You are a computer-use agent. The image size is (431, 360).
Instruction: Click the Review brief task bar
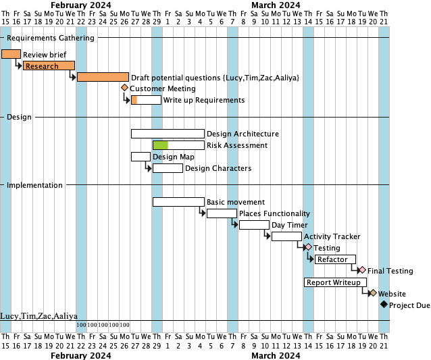coord(11,54)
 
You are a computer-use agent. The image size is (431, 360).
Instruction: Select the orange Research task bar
coord(49,66)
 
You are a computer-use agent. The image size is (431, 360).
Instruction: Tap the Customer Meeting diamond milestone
coord(124,88)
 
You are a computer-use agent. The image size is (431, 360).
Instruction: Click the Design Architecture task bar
coord(168,134)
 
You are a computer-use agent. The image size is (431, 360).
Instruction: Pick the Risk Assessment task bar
coord(178,145)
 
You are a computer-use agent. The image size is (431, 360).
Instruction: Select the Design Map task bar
coord(141,157)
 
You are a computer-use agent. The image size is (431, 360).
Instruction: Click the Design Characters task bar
coord(168,168)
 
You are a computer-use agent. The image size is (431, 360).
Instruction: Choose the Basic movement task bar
coord(178,201)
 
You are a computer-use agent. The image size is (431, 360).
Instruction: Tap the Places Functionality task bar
coord(222,213)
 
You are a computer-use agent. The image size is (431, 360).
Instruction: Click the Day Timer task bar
coord(254,225)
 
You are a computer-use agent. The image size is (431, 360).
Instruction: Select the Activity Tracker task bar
coord(286,236)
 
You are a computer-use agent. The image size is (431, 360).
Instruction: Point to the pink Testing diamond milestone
coord(308,247)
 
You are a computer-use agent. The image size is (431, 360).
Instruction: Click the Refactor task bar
coord(335,259)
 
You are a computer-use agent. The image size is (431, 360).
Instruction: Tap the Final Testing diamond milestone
coord(362,270)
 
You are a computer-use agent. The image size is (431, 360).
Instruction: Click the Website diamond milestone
coord(372,293)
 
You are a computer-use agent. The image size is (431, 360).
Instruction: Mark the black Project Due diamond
coord(384,305)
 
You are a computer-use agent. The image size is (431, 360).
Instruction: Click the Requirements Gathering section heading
coord(51,38)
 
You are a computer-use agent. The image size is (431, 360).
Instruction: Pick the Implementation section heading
coord(34,185)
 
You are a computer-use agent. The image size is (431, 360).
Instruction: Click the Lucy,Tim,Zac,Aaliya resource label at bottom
coord(39,315)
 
